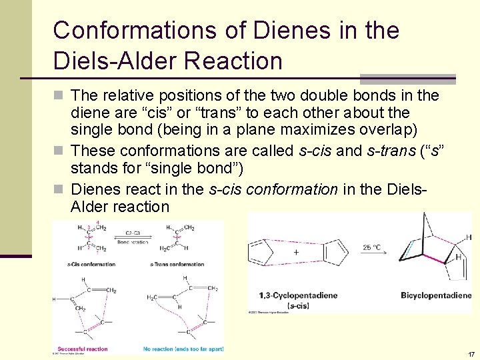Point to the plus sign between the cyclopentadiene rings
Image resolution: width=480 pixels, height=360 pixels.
(296, 253)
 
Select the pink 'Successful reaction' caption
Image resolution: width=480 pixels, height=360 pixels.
(83, 348)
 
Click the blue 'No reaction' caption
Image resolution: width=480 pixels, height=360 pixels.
(179, 348)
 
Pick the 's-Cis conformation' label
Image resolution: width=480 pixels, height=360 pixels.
(91, 265)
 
